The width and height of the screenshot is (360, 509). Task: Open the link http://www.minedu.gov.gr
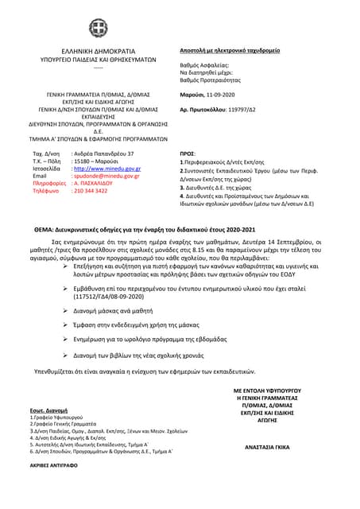coord(106,169)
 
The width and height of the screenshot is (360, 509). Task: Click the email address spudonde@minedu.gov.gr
coord(106,176)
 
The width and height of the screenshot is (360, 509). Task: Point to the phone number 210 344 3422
coord(90,191)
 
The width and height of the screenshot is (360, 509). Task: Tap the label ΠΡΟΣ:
coord(188,153)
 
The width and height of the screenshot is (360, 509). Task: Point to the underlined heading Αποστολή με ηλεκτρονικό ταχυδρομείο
coord(230,49)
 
